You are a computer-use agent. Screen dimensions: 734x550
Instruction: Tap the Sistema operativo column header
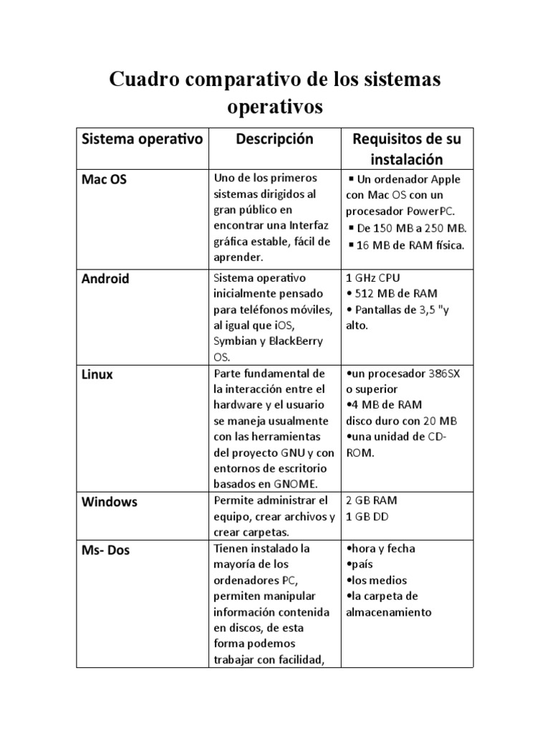pyautogui.click(x=142, y=139)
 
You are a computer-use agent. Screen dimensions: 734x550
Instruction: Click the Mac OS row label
pyautogui.click(x=105, y=180)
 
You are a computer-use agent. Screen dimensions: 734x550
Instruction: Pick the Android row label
pyautogui.click(x=105, y=279)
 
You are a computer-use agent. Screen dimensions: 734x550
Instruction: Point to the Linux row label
pyautogui.click(x=97, y=375)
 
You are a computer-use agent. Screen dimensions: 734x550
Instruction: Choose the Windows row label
pyautogui.click(x=109, y=502)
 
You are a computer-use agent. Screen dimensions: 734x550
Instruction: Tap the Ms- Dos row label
pyautogui.click(x=106, y=550)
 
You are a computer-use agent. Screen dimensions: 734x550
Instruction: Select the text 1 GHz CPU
pyautogui.click(x=375, y=277)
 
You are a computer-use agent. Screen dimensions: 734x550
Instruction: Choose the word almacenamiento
pyautogui.click(x=389, y=612)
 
